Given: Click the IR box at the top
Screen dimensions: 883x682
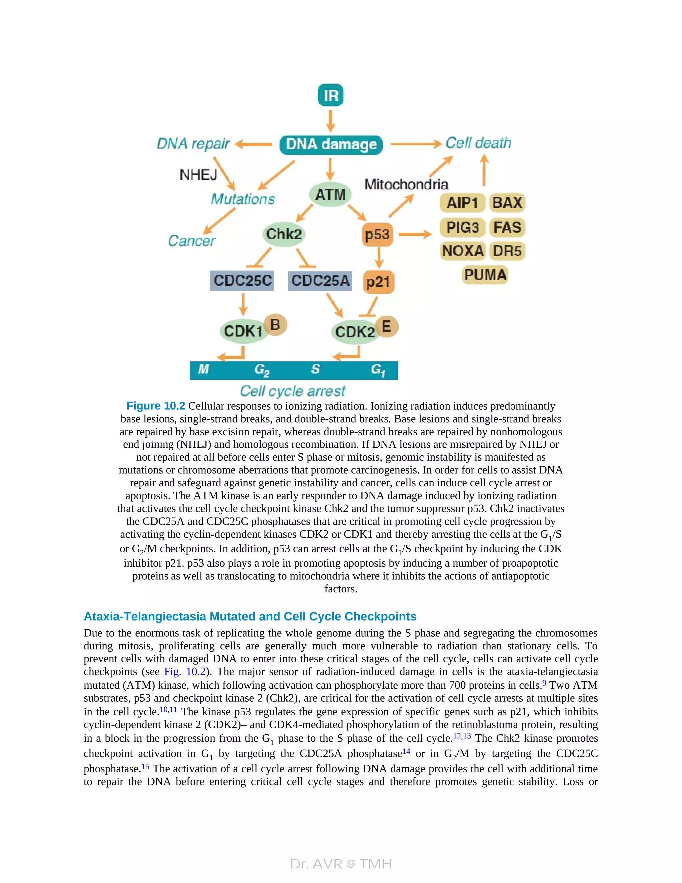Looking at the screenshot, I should click(x=330, y=95).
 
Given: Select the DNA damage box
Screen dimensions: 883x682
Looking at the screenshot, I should click(x=331, y=144).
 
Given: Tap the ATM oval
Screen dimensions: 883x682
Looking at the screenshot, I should click(x=330, y=195).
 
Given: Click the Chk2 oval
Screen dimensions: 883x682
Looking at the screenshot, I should click(x=284, y=234).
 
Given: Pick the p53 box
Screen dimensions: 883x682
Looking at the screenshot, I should click(x=377, y=234).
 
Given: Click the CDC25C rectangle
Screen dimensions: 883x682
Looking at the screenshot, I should click(x=242, y=281).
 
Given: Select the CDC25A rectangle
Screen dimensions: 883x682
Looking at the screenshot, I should click(x=320, y=281).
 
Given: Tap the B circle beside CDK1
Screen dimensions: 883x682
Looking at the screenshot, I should click(x=275, y=324).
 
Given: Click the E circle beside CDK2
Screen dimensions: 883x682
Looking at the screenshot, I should click(x=387, y=326).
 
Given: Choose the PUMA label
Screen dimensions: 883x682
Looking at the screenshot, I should click(x=485, y=275).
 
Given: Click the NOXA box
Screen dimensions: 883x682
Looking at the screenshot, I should click(x=462, y=251).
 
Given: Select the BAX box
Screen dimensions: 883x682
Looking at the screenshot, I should click(x=507, y=203).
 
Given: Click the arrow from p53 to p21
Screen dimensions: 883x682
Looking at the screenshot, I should click(x=379, y=258).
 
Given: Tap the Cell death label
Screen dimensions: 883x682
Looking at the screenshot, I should click(x=478, y=143).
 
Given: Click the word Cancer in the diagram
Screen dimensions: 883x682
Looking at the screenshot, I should click(x=191, y=241).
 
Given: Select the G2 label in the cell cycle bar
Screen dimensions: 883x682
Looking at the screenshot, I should click(x=262, y=370).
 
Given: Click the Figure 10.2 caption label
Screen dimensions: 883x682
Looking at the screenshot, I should click(x=156, y=406).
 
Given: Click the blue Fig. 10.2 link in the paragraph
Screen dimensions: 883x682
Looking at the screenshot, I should click(x=184, y=671).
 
